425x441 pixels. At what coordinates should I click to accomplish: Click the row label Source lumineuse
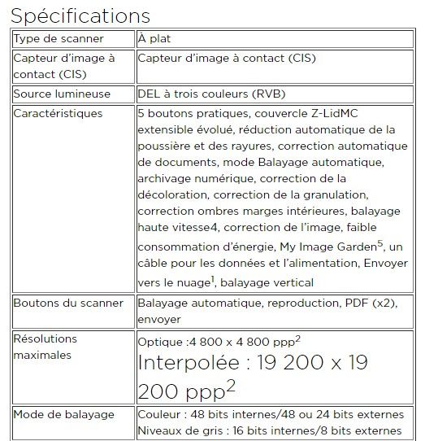pos(62,94)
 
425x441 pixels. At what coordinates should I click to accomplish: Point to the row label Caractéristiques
pos(59,113)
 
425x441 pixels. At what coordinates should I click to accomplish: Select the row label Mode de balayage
pos(64,414)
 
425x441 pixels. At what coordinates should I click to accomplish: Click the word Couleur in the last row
pos(160,414)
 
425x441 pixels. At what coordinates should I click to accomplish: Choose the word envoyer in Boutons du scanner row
pos(159,319)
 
